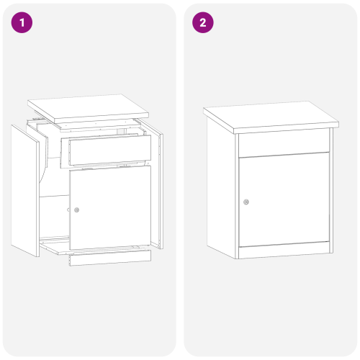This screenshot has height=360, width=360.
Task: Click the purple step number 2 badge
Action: coord(202,22)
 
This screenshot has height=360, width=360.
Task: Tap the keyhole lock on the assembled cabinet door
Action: coord(246,202)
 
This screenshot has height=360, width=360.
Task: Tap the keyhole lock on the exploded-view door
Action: coord(77,210)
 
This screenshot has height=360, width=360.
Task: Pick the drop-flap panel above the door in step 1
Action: coord(109,150)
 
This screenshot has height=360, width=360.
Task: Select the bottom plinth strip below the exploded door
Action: coord(108,258)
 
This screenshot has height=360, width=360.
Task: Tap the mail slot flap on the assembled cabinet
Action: coord(284,144)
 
